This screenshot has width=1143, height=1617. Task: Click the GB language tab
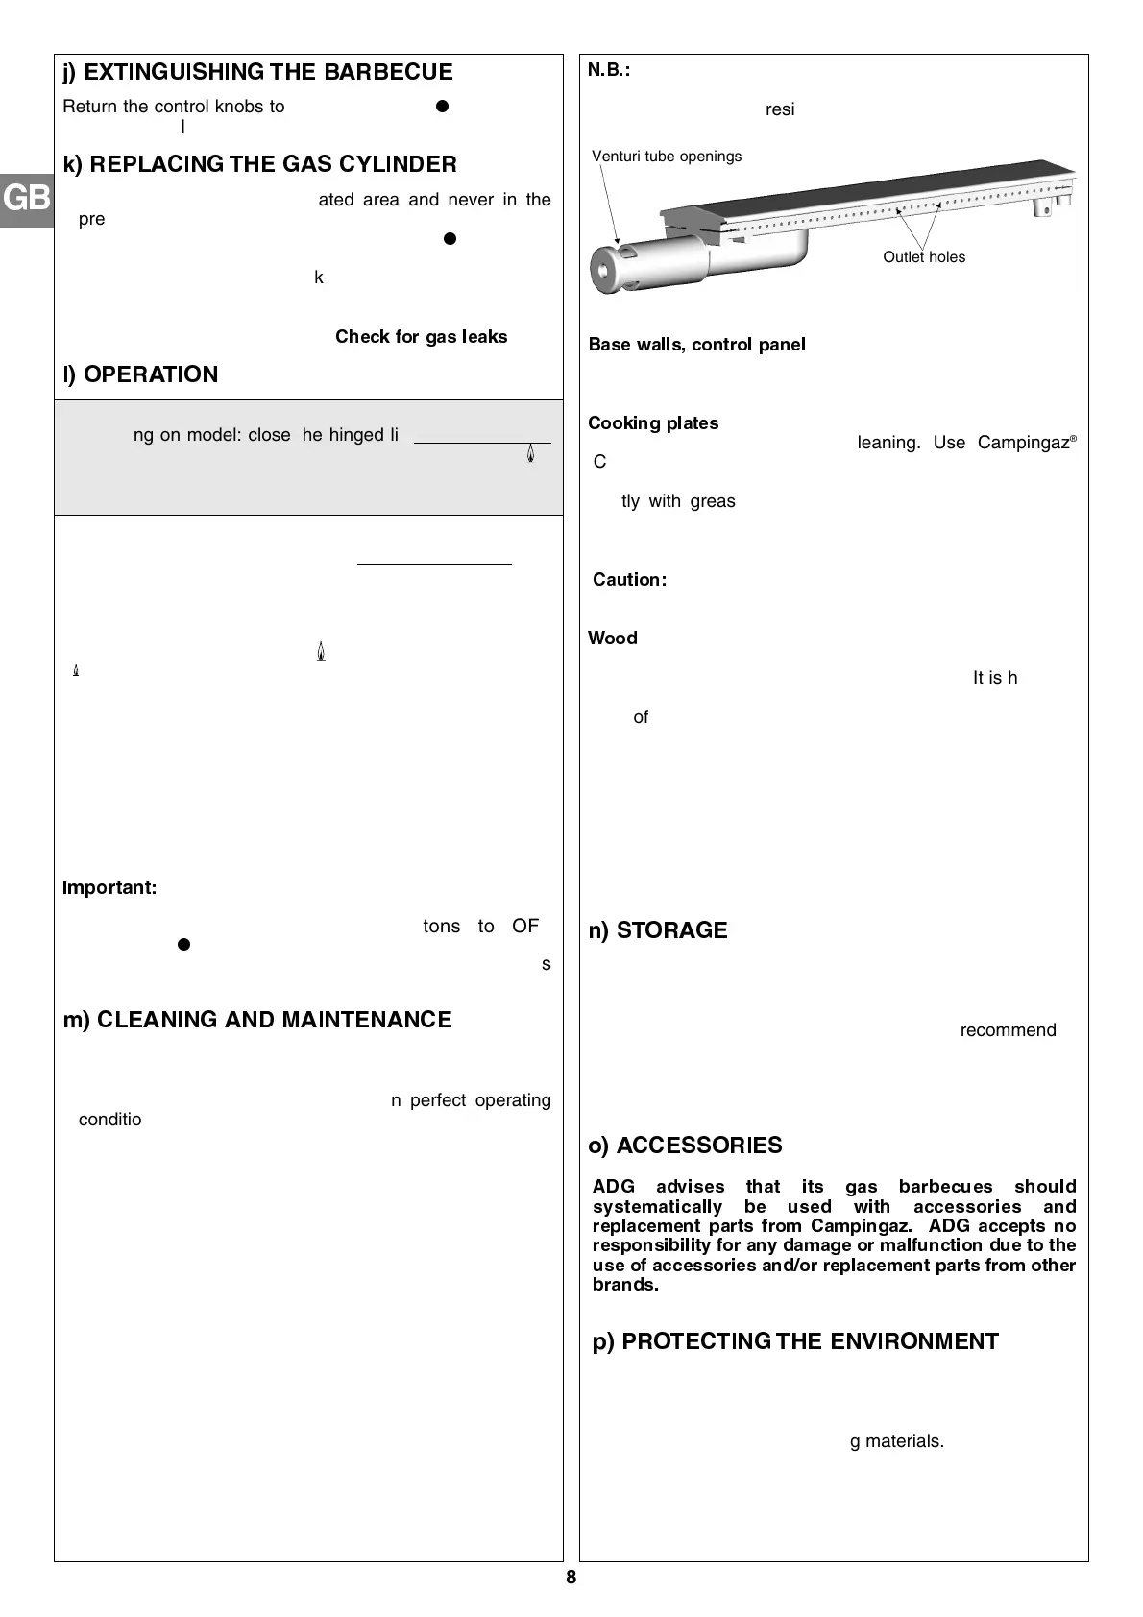26,198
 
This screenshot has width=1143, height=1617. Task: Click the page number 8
571,1578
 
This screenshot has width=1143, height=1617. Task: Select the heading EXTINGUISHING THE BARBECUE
258,72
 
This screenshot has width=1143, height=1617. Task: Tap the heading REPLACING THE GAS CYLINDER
260,164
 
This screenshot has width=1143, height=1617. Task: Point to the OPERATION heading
140,374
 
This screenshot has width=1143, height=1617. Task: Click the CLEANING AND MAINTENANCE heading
257,1020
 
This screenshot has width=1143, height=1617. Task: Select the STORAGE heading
658,930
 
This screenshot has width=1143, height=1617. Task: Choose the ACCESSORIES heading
686,1146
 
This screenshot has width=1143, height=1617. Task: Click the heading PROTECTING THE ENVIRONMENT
795,1341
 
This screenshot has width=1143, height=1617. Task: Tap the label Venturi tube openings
667,157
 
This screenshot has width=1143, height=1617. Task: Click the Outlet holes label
924,257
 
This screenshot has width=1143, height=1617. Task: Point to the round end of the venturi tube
607,270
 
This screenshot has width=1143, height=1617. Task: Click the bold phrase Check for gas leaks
421,337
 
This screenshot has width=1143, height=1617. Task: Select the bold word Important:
109,887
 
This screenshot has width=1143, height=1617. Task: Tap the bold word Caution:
629,580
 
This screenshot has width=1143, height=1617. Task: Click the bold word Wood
613,639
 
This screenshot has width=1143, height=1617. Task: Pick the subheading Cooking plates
653,423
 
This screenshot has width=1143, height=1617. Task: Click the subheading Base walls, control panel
696,345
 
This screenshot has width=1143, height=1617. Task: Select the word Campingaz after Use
1024,443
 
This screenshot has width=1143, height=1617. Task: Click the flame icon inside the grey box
530,455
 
